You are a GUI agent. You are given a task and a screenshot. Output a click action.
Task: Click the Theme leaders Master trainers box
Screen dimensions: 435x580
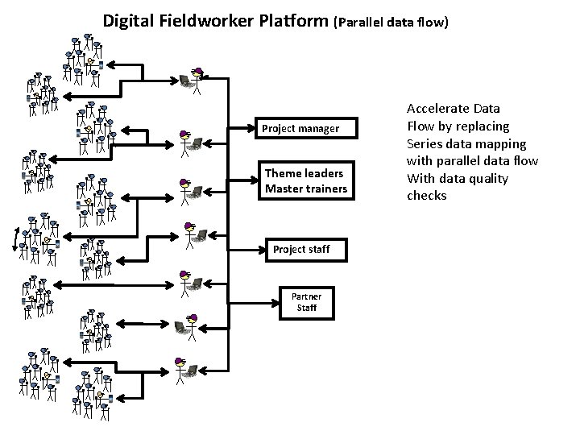click(x=304, y=181)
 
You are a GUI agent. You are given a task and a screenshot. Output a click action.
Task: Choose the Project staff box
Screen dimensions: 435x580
click(x=300, y=249)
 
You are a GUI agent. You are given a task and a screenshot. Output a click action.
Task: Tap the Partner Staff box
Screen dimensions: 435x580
click(x=306, y=302)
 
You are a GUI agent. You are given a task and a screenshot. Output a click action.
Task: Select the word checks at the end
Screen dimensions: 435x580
click(x=426, y=196)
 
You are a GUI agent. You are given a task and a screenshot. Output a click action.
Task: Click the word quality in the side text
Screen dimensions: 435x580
click(x=488, y=178)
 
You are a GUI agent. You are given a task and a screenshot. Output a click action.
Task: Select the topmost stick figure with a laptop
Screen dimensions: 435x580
click(x=193, y=77)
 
